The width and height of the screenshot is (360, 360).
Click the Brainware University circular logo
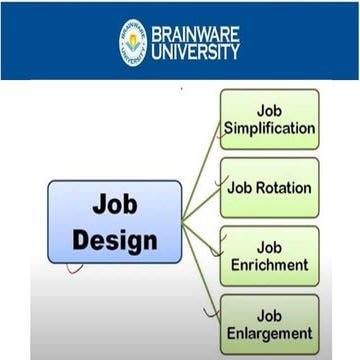132,42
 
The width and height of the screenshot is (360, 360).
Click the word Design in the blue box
115,240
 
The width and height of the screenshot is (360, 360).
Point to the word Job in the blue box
115,204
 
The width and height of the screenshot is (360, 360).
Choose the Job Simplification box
269,119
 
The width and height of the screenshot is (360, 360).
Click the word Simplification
270,129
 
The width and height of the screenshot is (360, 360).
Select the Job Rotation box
269,187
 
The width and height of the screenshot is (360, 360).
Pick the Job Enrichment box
269,256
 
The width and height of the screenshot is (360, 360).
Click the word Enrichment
269,266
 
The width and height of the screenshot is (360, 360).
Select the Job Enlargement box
269,324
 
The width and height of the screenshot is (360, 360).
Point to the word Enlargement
269,334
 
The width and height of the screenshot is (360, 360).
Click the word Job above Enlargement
269,314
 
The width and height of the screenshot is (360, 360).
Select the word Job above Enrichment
269,245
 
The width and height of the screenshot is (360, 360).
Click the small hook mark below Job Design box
73,268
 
